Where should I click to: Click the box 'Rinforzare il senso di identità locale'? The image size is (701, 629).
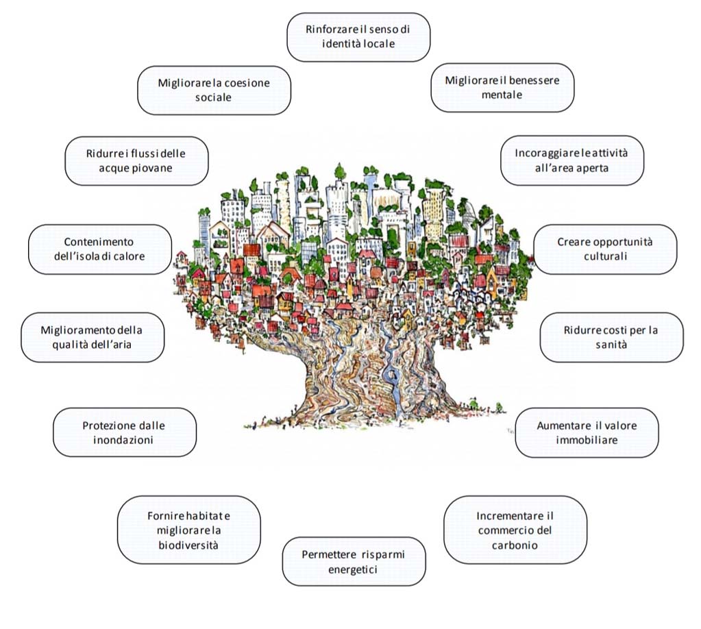tap(358, 37)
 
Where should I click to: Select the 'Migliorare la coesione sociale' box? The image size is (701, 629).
tap(214, 90)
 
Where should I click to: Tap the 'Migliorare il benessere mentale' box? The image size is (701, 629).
tap(502, 88)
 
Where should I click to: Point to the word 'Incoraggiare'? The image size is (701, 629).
tap(542, 153)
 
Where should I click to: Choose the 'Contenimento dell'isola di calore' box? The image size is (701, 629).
tap(99, 249)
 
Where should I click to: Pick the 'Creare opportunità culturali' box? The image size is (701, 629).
tap(605, 249)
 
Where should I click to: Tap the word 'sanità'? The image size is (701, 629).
tap(611, 345)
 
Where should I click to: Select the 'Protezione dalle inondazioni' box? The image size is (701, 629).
tap(124, 432)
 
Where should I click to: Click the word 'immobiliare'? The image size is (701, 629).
tap(587, 440)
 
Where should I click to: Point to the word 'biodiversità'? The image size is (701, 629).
tap(188, 545)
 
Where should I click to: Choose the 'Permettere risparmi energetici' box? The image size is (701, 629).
tap(354, 561)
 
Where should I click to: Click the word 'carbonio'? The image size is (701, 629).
tap(515, 545)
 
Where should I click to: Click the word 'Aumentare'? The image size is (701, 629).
tap(561, 425)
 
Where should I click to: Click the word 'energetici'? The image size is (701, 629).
tap(353, 570)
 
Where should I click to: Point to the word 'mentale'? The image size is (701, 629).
tap(502, 95)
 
